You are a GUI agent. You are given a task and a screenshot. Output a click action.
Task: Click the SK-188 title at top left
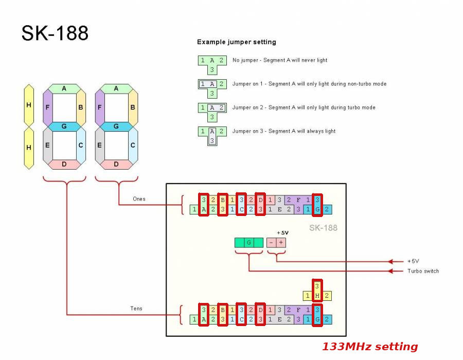55,33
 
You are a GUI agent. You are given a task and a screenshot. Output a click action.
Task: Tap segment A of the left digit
64,88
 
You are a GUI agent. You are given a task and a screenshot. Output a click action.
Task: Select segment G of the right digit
116,126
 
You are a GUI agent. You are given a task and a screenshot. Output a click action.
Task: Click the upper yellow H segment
29,105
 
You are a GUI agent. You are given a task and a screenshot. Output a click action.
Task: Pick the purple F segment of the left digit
48,107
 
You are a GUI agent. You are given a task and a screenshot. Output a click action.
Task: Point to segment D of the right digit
116,164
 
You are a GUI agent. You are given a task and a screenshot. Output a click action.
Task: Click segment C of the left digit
81,146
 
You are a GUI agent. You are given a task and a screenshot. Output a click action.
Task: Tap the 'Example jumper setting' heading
237,42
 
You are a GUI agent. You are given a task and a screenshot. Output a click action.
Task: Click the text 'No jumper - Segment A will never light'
280,60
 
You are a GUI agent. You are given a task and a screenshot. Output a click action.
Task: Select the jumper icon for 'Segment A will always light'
211,136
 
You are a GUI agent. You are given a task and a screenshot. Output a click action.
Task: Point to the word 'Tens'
136,309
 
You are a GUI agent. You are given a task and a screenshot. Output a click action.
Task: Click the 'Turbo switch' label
423,271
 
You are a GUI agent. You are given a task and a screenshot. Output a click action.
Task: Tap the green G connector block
249,242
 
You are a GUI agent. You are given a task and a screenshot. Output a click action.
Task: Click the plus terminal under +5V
281,242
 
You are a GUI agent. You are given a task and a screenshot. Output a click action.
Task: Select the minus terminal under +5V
271,242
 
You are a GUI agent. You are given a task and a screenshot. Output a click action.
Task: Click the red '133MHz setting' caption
370,347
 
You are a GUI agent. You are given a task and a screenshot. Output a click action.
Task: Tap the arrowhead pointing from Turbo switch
393,271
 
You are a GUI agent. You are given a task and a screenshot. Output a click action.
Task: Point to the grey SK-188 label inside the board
323,227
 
